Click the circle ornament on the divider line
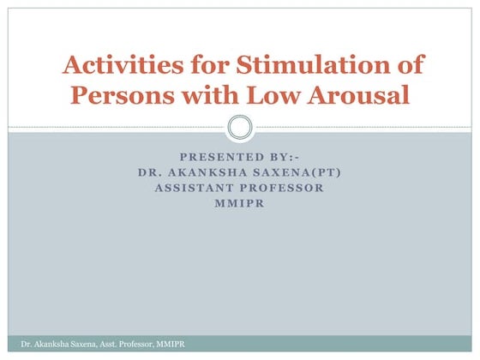click(240, 129)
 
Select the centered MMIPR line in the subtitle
click(240, 203)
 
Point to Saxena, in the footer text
click(70, 344)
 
